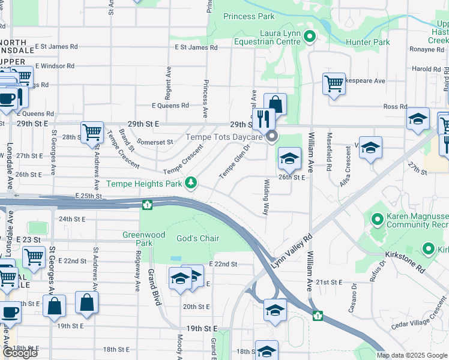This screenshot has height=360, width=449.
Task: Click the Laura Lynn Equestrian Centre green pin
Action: pyautogui.click(x=310, y=37)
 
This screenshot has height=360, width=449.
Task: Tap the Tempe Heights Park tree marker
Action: pyautogui.click(x=191, y=182)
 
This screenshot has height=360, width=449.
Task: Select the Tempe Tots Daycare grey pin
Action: pyautogui.click(x=272, y=137)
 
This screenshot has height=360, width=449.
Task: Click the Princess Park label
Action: pyautogui.click(x=249, y=17)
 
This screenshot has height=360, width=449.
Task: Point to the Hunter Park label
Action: pyautogui.click(x=368, y=42)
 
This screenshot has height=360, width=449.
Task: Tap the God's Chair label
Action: pyautogui.click(x=197, y=238)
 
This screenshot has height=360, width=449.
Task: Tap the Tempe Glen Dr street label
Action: pyautogui.click(x=234, y=163)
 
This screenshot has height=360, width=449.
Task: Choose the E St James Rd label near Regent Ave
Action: pyautogui.click(x=192, y=47)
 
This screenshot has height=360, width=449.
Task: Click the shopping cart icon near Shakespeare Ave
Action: pyautogui.click(x=334, y=84)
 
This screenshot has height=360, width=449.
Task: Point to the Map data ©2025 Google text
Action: pyautogui.click(x=412, y=355)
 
